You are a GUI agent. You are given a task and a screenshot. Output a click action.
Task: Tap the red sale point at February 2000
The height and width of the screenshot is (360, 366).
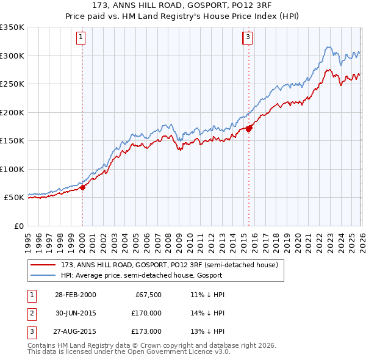[x=83, y=187]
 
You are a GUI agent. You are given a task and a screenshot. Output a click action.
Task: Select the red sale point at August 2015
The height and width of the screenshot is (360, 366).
[x=249, y=128]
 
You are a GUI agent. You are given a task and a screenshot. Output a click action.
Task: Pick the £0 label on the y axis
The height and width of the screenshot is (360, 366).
[x=19, y=226]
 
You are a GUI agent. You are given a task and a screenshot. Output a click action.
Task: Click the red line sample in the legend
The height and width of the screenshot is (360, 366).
[x=43, y=265]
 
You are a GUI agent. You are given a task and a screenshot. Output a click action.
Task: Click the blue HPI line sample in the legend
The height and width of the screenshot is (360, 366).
[x=43, y=275]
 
